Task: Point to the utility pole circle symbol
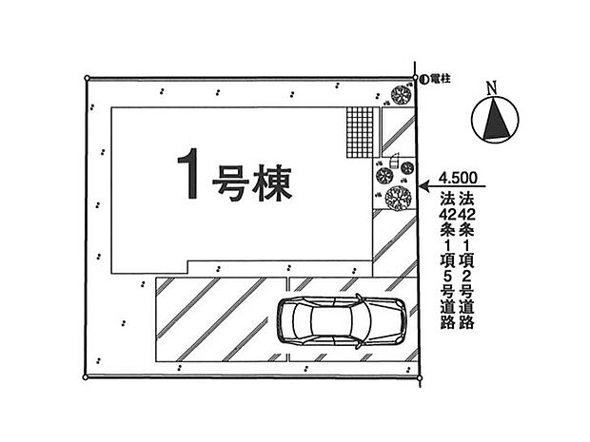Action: (422, 78)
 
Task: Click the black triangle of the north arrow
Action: (495, 122)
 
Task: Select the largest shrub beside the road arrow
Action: (397, 198)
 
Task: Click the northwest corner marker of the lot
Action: (86, 78)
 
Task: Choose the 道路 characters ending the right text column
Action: (466, 315)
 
